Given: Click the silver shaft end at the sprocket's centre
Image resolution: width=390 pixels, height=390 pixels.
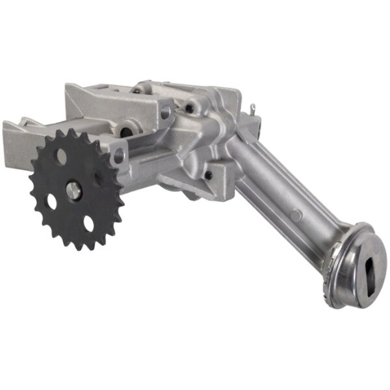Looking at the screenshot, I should (x=73, y=190).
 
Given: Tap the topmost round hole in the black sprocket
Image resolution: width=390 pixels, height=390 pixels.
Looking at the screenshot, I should (x=60, y=156).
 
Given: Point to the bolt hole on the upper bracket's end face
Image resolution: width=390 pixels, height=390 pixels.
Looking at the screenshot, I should (x=164, y=112).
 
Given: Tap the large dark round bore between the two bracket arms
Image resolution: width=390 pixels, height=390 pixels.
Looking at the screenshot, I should (x=126, y=132).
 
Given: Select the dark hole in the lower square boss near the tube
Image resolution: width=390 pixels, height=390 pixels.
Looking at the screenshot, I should (x=208, y=175).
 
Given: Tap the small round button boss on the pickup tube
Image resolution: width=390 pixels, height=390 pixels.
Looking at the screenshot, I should (x=296, y=214).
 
